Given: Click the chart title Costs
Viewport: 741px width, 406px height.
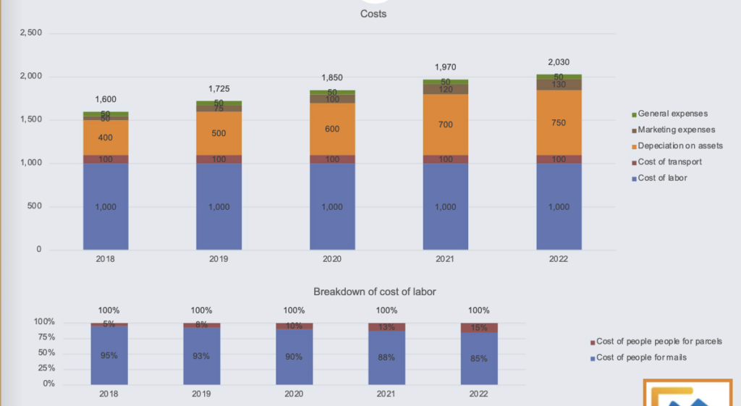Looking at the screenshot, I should pyautogui.click(x=373, y=14).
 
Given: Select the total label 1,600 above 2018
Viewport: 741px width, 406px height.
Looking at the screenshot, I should pyautogui.click(x=106, y=99).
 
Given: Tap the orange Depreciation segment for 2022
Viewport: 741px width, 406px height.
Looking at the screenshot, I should pyautogui.click(x=559, y=122).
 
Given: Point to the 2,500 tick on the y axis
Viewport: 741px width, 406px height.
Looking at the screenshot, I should pyautogui.click(x=30, y=33).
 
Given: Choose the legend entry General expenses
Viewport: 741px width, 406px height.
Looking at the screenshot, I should pyautogui.click(x=672, y=114).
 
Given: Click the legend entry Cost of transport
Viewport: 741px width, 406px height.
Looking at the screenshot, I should pyautogui.click(x=669, y=161).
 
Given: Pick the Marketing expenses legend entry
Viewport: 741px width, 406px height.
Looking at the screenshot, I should pyautogui.click(x=676, y=130).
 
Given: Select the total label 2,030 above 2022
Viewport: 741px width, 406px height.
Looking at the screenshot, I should pyautogui.click(x=559, y=62).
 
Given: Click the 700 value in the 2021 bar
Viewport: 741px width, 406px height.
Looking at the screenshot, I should pyautogui.click(x=446, y=125).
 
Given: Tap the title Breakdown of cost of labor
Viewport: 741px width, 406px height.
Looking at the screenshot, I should pyautogui.click(x=374, y=292).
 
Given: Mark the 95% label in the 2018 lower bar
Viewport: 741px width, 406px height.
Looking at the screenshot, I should pyautogui.click(x=109, y=355).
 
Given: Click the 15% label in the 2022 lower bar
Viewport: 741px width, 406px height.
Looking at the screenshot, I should pyautogui.click(x=479, y=328).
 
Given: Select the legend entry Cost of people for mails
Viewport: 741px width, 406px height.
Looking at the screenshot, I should pyautogui.click(x=641, y=358).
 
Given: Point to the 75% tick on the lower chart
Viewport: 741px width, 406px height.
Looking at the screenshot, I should pyautogui.click(x=45, y=337).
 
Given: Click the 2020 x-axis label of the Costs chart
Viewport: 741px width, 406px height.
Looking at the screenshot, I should pyautogui.click(x=332, y=259).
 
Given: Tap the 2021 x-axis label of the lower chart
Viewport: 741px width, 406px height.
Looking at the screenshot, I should pyautogui.click(x=386, y=394).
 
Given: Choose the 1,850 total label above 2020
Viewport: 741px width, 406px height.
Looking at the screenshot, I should pyautogui.click(x=332, y=77).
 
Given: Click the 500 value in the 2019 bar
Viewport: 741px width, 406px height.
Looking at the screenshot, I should pyautogui.click(x=219, y=133).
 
